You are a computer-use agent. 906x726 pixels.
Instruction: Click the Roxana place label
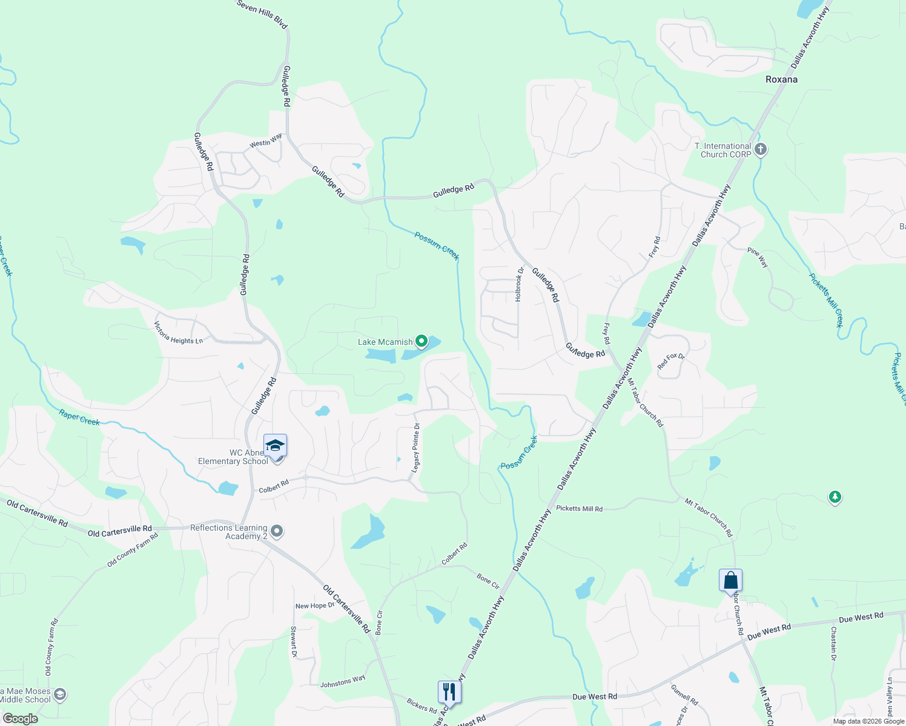781,79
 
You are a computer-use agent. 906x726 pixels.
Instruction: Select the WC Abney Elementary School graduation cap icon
275,446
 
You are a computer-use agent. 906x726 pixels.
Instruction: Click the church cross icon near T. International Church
761,149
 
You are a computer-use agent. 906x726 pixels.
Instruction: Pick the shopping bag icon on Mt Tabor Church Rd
730,580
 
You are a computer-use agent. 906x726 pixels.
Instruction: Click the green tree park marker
835,497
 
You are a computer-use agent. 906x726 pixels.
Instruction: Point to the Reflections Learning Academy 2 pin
277,532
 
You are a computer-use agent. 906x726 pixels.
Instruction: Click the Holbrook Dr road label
518,284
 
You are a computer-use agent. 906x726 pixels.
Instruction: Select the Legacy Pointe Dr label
416,448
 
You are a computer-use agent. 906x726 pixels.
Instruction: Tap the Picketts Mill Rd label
579,509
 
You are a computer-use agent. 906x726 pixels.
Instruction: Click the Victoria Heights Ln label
178,333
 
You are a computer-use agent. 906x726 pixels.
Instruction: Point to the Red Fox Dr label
671,361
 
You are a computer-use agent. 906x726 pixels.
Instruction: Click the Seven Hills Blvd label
262,13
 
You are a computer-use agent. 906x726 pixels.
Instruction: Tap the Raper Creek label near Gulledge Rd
79,417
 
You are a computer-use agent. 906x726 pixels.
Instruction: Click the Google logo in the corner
20,719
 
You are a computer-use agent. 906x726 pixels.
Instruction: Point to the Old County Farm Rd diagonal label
132,549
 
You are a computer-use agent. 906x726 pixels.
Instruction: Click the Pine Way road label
758,258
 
